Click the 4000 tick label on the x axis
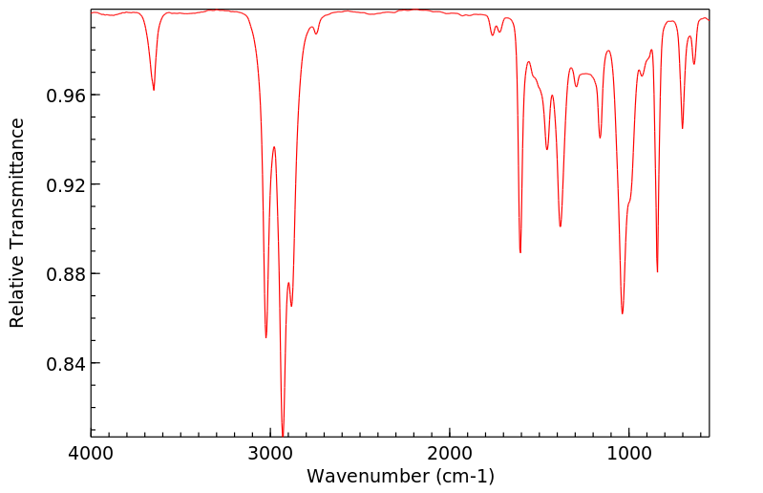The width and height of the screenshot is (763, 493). (92, 451)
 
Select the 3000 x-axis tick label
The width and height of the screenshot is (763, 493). (271, 451)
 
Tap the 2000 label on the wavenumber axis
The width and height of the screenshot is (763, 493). (451, 451)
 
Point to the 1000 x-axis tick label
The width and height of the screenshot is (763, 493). (629, 451)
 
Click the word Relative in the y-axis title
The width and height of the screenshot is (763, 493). (17, 296)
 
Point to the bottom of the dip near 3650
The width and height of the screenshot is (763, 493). (154, 90)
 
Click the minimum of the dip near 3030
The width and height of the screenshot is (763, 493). (265, 337)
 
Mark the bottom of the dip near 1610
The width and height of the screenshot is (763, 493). (520, 252)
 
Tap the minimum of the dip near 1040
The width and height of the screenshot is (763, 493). (623, 313)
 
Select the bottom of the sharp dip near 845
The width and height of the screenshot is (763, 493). (657, 271)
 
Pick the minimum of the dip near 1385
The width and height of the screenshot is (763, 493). (561, 226)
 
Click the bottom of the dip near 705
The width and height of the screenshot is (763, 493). (682, 128)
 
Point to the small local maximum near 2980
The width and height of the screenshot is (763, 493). (274, 147)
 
